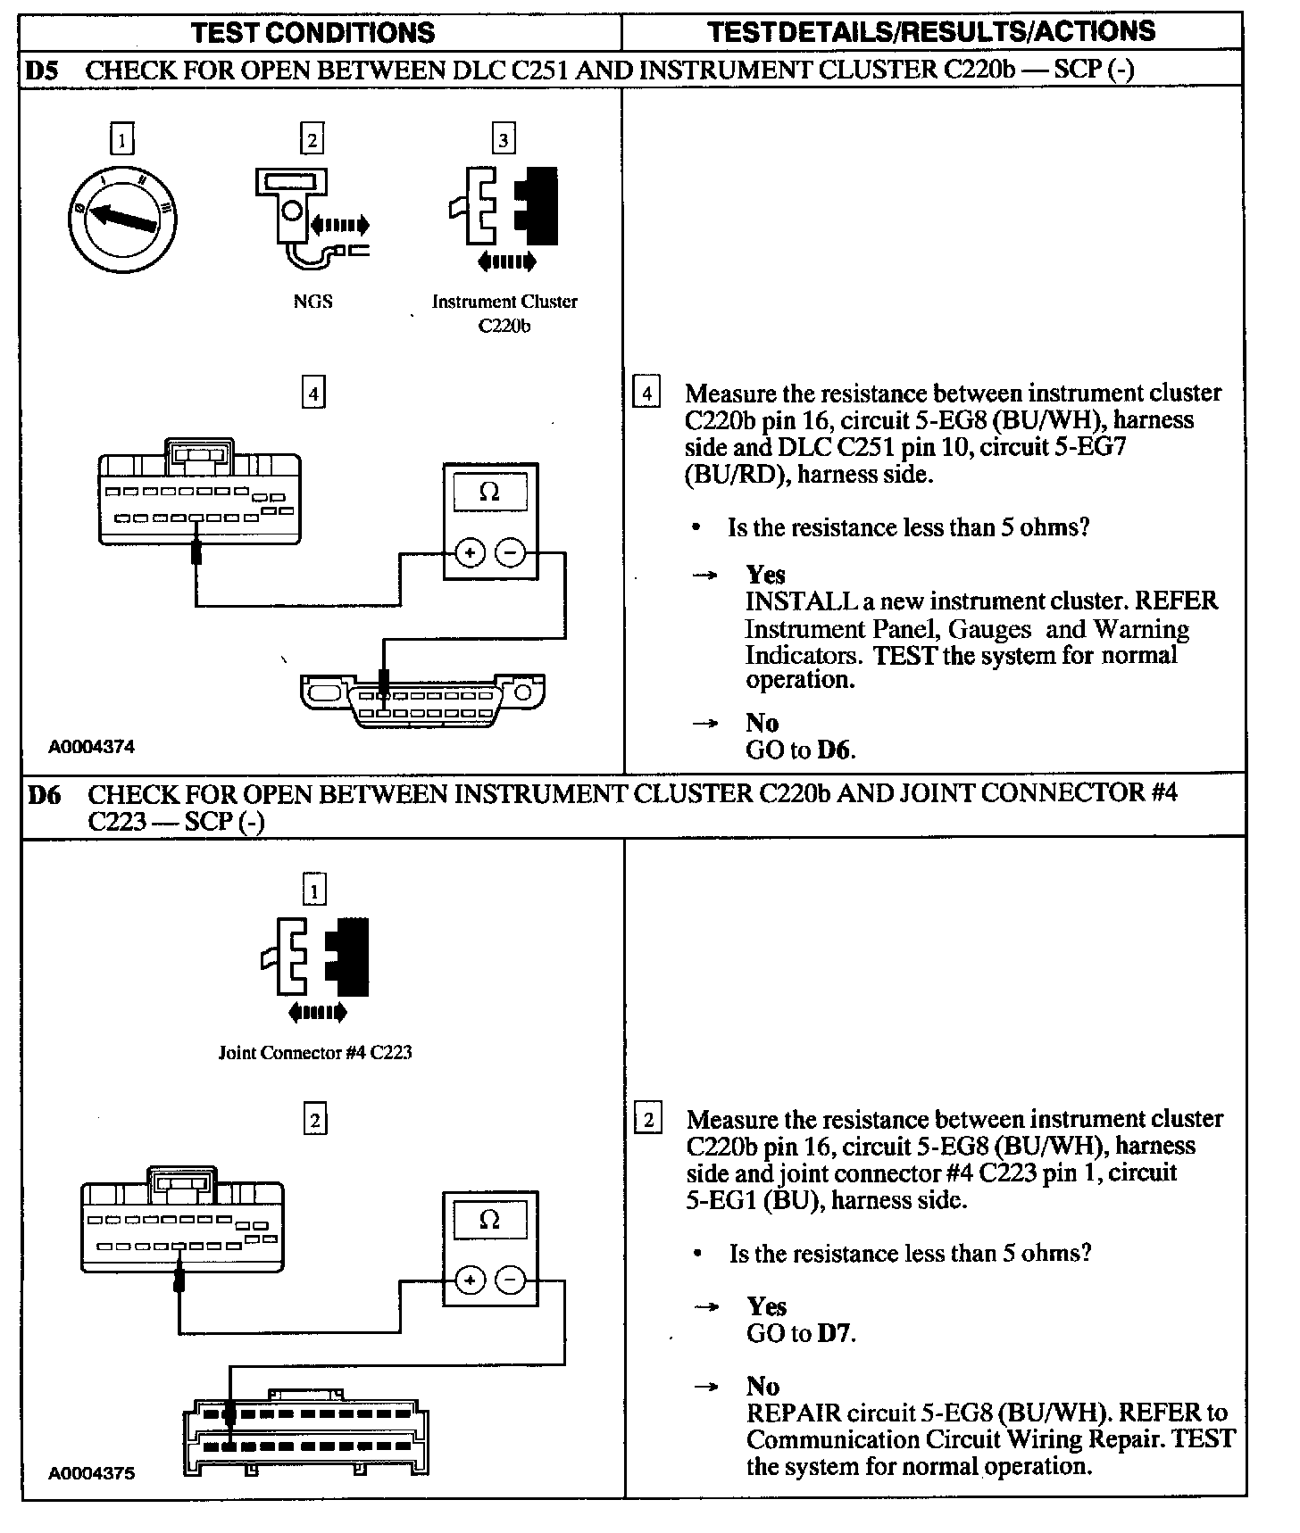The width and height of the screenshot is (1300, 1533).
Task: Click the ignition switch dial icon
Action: [122, 219]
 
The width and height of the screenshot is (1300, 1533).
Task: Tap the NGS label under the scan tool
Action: [312, 302]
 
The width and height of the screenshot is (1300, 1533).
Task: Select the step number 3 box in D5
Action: [504, 139]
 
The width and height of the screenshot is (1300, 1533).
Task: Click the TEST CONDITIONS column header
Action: [312, 33]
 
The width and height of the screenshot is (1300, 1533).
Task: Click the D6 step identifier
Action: [45, 793]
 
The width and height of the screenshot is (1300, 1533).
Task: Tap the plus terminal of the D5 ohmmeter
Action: [470, 553]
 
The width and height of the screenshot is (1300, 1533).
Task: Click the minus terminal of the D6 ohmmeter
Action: [510, 1281]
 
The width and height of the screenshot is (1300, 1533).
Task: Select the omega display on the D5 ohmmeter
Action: [489, 492]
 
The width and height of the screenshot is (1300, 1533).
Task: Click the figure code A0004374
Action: [92, 747]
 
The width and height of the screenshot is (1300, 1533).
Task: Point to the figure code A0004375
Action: [92, 1473]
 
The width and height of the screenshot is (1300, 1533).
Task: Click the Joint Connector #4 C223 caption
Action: [315, 1052]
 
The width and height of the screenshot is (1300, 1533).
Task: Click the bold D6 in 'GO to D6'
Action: [835, 750]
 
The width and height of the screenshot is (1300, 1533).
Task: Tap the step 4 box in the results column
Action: [646, 394]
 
